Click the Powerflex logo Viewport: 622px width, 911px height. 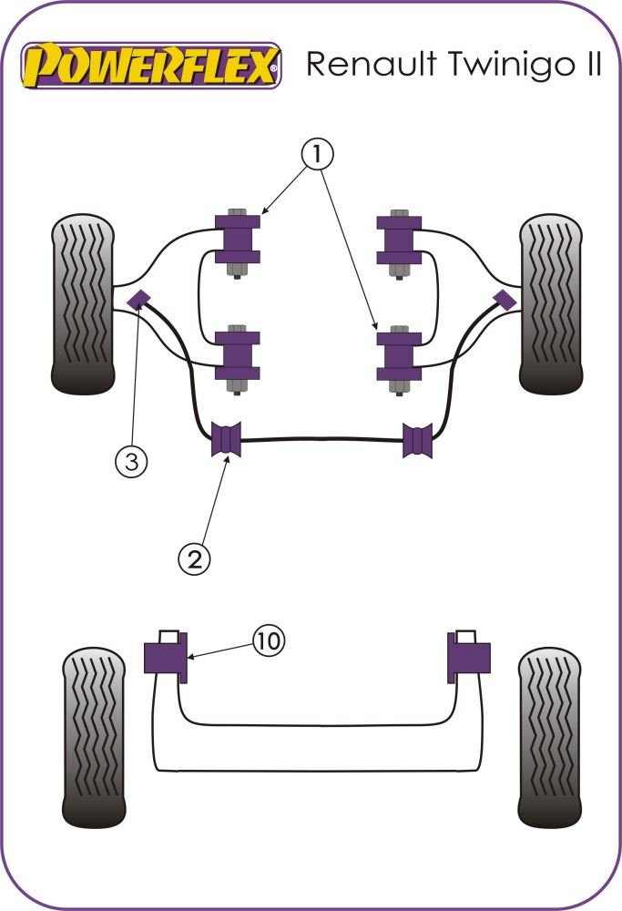tap(151, 65)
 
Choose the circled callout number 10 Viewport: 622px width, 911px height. tap(268, 641)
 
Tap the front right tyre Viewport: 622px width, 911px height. tap(550, 304)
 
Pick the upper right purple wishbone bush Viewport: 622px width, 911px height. tap(398, 239)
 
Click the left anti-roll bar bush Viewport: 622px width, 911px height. tap(225, 440)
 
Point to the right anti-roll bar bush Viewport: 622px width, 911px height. tap(418, 440)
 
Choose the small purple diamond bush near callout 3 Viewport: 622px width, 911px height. tap(139, 298)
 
